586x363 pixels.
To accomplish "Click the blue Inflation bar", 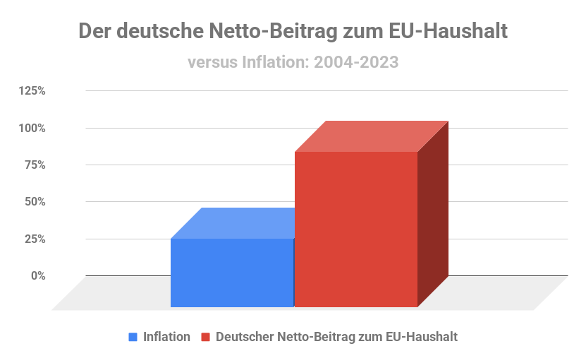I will (232, 273).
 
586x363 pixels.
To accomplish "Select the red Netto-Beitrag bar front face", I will (356, 230).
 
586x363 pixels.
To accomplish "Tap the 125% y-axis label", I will (32, 91).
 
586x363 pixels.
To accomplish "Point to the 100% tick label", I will (32, 128).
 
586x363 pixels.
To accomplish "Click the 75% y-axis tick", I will (35, 165).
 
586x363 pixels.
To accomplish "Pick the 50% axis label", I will (35, 202).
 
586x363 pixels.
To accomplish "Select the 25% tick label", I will (35, 239).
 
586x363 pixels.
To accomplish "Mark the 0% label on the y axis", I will (38, 275).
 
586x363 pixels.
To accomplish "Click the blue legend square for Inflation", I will (133, 337).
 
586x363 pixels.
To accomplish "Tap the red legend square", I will (206, 337).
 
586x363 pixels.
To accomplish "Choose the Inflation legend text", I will (166, 337).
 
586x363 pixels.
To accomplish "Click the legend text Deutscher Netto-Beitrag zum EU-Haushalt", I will (337, 337).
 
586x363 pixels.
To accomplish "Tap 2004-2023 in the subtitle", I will (356, 62).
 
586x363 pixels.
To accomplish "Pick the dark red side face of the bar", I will (433, 215).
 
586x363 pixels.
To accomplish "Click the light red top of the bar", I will (372, 136).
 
